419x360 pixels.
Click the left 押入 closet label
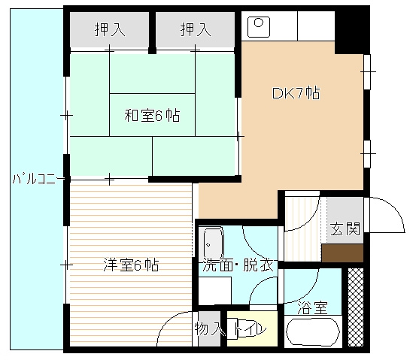pyautogui.click(x=110, y=29)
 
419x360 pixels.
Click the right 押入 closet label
pyautogui.click(x=196, y=29)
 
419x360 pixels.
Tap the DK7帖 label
pyautogui.click(x=296, y=93)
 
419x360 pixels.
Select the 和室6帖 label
pyautogui.click(x=152, y=116)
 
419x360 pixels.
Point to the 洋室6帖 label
pyautogui.click(x=131, y=265)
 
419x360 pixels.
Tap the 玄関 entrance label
pyautogui.click(x=345, y=228)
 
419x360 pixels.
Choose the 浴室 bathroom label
pyautogui.click(x=312, y=307)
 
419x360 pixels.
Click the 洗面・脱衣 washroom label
pyautogui.click(x=238, y=265)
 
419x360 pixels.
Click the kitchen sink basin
pyautogui.click(x=259, y=27)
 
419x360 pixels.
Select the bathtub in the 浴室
pyautogui.click(x=313, y=331)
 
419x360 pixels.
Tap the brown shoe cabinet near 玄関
pyautogui.click(x=342, y=253)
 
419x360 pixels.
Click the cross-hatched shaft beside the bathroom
pyautogui.click(x=356, y=307)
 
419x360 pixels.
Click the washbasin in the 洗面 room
pyautogui.click(x=213, y=242)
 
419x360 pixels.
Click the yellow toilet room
pyautogui.click(x=252, y=328)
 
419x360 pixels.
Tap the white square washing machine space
pyautogui.click(x=215, y=291)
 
